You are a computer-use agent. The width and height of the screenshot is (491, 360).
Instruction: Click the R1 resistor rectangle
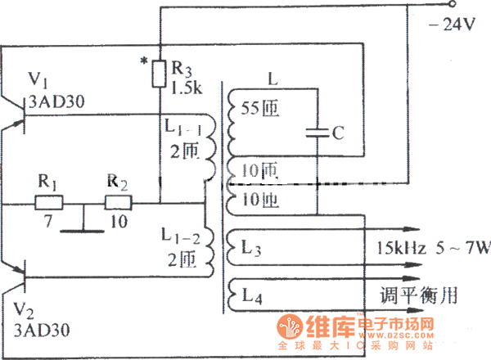(50, 202)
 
